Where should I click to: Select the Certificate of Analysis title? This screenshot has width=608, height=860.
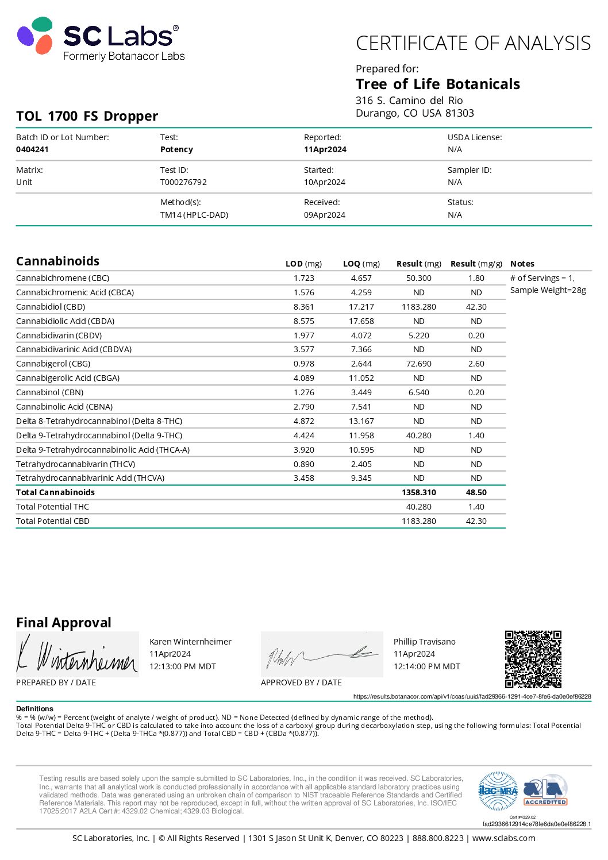[x=473, y=44]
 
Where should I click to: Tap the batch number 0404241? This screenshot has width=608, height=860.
[x=32, y=149]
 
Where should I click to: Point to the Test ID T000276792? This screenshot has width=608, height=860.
[x=183, y=182]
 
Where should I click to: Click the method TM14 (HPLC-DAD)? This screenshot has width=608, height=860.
[x=194, y=215]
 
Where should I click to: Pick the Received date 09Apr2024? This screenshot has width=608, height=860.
[x=325, y=215]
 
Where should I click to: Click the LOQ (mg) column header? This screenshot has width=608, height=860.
[x=361, y=264]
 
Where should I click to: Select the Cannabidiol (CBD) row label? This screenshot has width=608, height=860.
[x=51, y=307]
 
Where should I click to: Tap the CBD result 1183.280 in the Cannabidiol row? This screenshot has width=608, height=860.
[x=419, y=307]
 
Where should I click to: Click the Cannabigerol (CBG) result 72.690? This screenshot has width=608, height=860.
[x=419, y=364]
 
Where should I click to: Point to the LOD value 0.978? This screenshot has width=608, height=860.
[x=304, y=364]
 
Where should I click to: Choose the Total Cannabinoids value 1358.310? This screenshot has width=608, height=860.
[x=419, y=492]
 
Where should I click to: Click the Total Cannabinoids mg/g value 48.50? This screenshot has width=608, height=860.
[x=476, y=492]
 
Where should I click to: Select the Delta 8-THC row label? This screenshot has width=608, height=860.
[x=99, y=421]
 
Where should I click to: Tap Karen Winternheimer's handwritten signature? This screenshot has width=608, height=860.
[x=77, y=655]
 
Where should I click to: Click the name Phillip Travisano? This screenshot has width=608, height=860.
[x=425, y=642]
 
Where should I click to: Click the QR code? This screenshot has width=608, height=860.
[x=533, y=659]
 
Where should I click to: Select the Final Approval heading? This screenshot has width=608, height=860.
[x=64, y=623]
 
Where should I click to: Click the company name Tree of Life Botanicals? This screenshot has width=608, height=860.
[x=438, y=84]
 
